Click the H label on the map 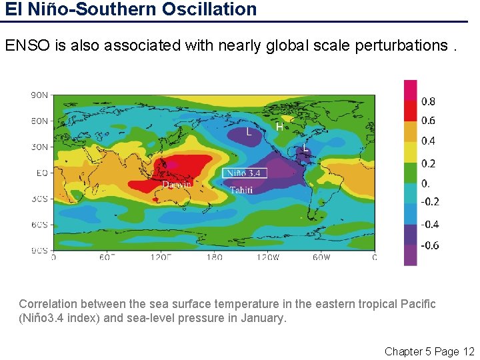click(279, 125)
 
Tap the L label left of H click(249, 132)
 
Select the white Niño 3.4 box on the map click(245, 173)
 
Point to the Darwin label click(177, 184)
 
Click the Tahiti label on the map click(241, 190)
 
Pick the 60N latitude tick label click(40, 121)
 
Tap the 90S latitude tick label click(40, 250)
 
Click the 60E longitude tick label click(107, 257)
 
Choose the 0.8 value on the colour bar click(429, 102)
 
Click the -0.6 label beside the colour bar click(430, 245)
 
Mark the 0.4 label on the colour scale click(429, 141)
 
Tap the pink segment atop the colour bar click(411, 90)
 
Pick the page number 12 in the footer click(468, 351)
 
